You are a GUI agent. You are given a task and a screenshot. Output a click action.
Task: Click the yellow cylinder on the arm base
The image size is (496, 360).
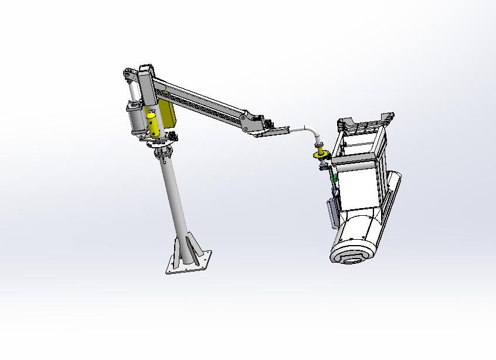(152, 125)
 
